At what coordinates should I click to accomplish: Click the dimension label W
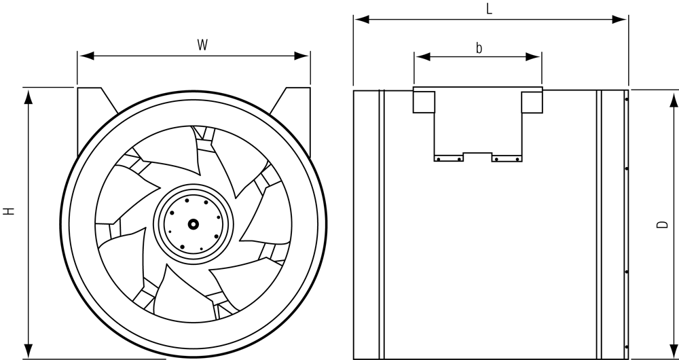point(202,46)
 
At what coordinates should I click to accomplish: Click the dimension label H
point(9,212)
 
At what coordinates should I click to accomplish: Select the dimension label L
point(490,9)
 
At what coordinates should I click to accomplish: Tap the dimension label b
point(479,48)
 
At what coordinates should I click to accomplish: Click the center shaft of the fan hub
point(194,223)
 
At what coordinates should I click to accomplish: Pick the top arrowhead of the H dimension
point(28,95)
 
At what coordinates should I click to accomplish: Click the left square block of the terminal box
point(424,101)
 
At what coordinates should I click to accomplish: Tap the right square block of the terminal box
point(532,101)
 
